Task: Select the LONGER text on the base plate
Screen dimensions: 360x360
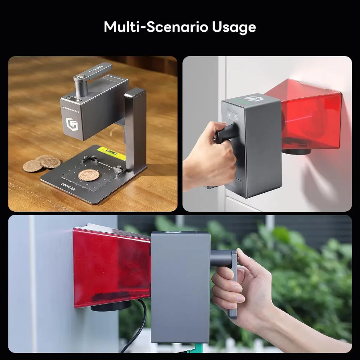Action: click(68, 187)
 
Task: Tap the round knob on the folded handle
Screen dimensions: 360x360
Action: click(80, 77)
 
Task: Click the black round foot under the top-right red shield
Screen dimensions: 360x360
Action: click(296, 152)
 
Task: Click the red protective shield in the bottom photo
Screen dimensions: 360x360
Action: click(112, 266)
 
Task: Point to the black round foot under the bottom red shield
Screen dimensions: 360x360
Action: click(111, 307)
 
